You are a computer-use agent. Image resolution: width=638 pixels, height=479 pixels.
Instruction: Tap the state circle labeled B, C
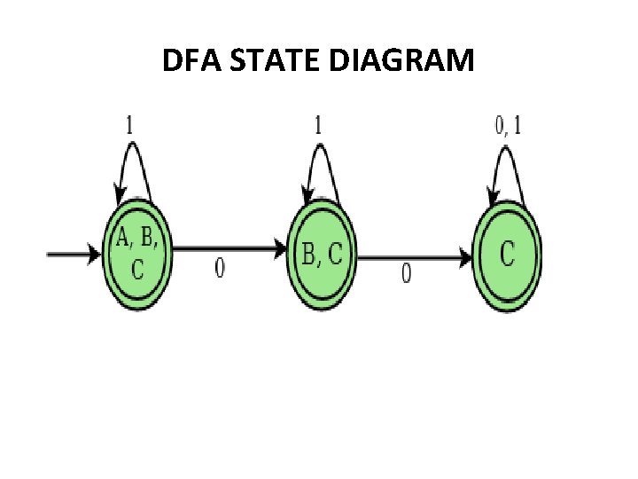[322, 255]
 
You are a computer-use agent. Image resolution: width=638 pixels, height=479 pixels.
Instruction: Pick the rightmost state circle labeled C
[507, 256]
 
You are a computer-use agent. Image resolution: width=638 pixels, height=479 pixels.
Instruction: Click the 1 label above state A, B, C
[129, 125]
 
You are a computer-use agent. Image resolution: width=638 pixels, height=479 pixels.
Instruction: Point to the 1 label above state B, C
[317, 125]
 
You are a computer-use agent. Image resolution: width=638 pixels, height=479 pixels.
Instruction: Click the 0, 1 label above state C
[508, 125]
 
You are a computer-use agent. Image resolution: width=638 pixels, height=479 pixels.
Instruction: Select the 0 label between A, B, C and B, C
[220, 269]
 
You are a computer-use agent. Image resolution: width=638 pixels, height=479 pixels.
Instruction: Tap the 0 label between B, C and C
[406, 274]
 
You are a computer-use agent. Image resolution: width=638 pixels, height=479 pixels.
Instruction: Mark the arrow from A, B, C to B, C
[230, 251]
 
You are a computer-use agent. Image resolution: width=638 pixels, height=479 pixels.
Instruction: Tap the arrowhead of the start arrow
[96, 255]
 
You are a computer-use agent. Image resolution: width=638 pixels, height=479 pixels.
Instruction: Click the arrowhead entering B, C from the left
[282, 252]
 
